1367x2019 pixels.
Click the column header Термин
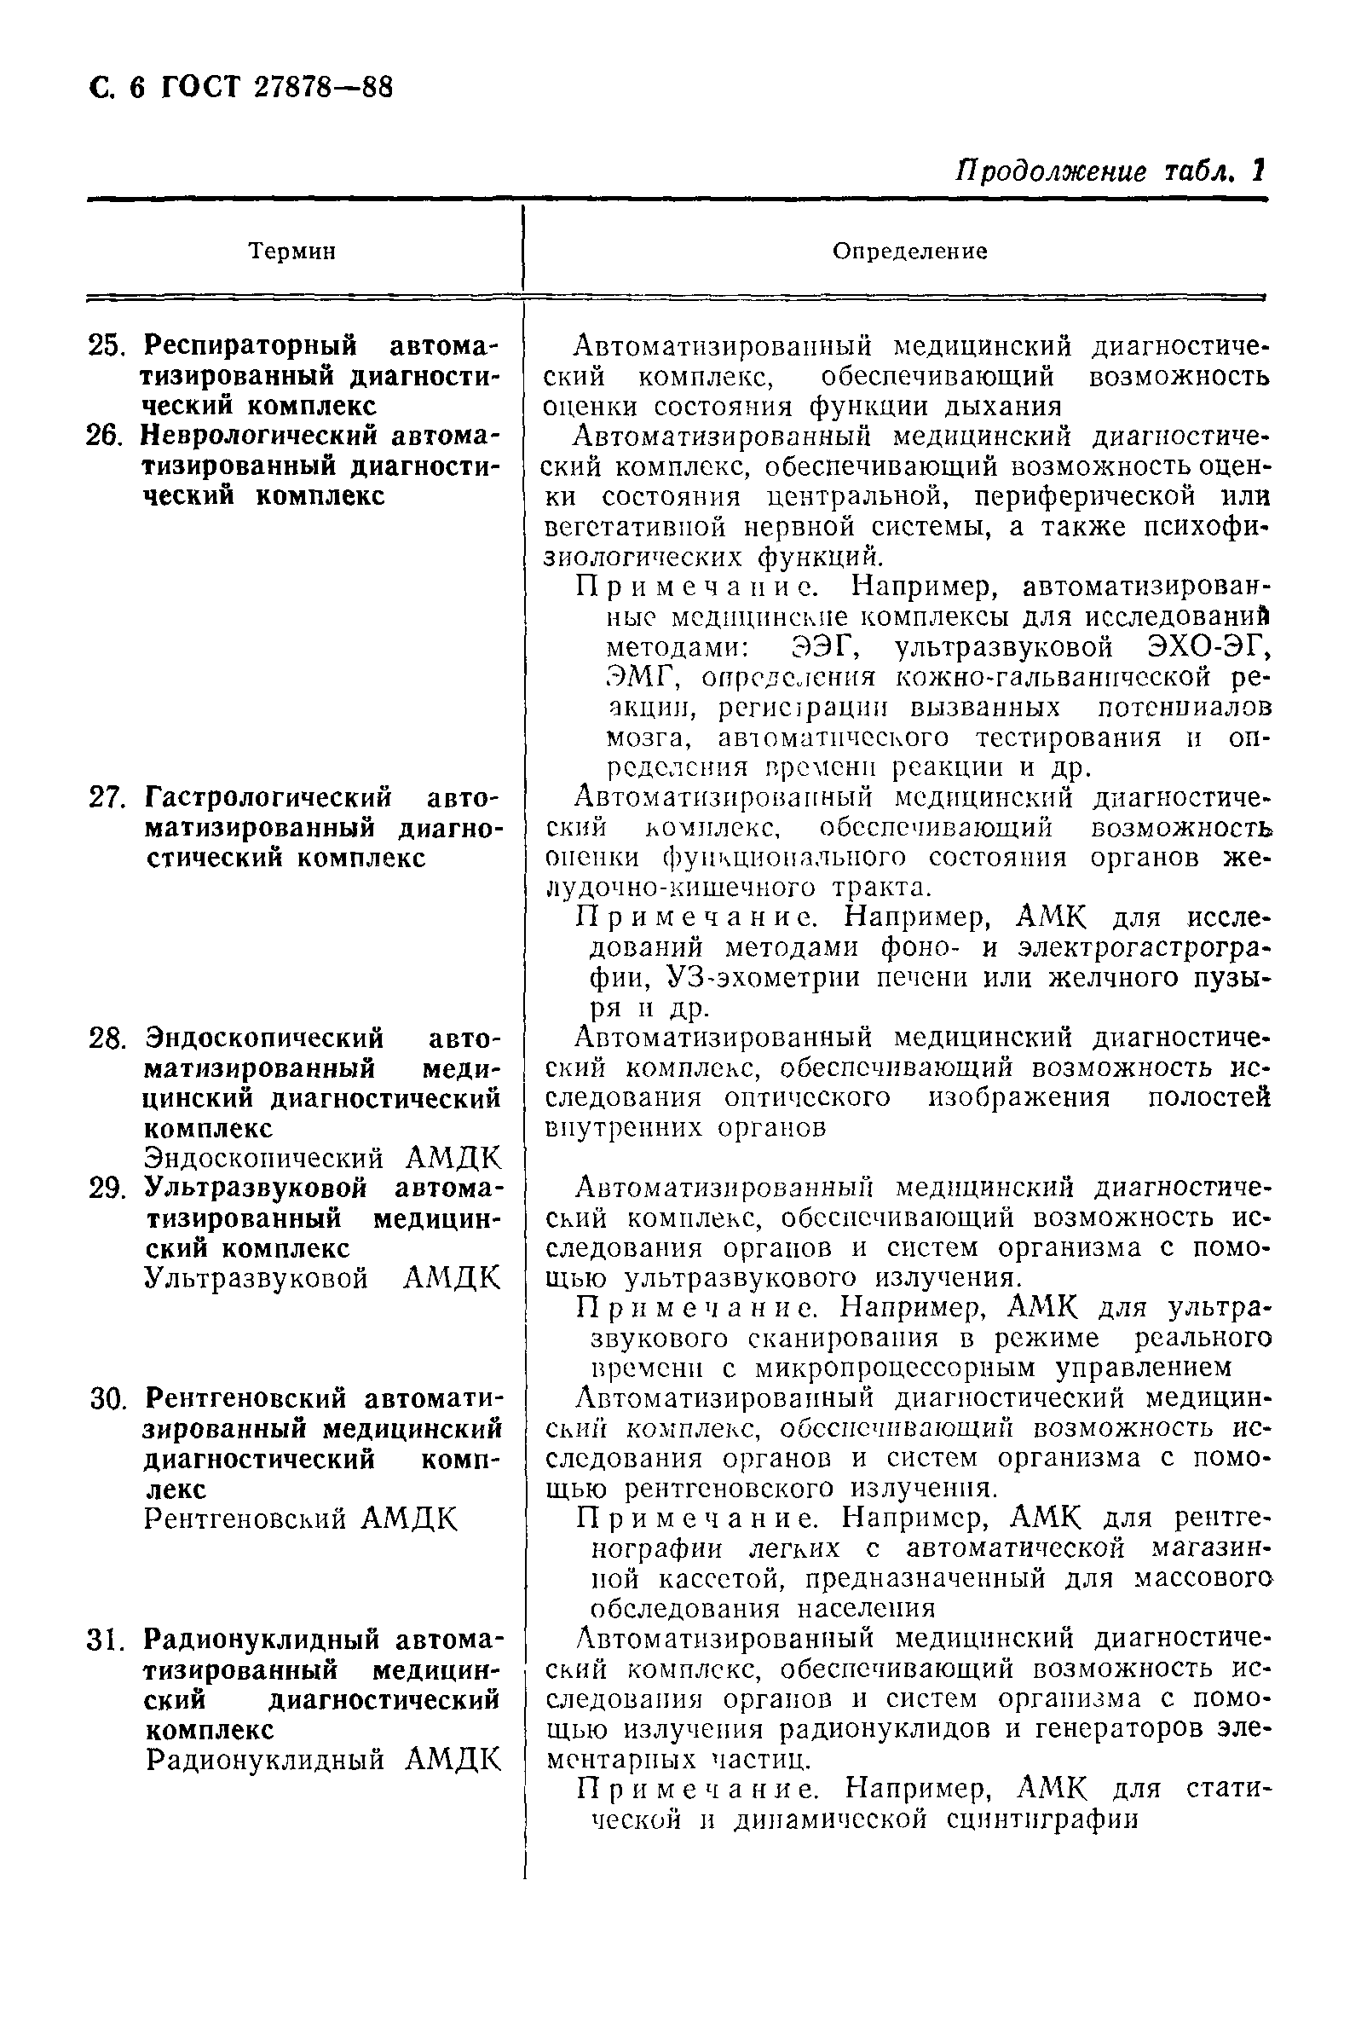tap(291, 252)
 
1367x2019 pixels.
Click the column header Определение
tap(909, 252)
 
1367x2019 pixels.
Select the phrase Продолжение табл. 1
tap(1110, 171)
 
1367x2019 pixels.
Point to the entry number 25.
tap(107, 347)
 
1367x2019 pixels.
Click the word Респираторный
tap(250, 346)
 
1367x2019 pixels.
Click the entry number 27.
tap(107, 797)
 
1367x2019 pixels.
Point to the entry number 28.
tap(107, 1038)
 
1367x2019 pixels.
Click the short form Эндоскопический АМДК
tap(322, 1158)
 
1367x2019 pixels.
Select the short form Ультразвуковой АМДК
tap(322, 1278)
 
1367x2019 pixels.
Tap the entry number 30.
tap(108, 1398)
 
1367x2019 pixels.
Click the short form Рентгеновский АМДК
tap(300, 1518)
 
